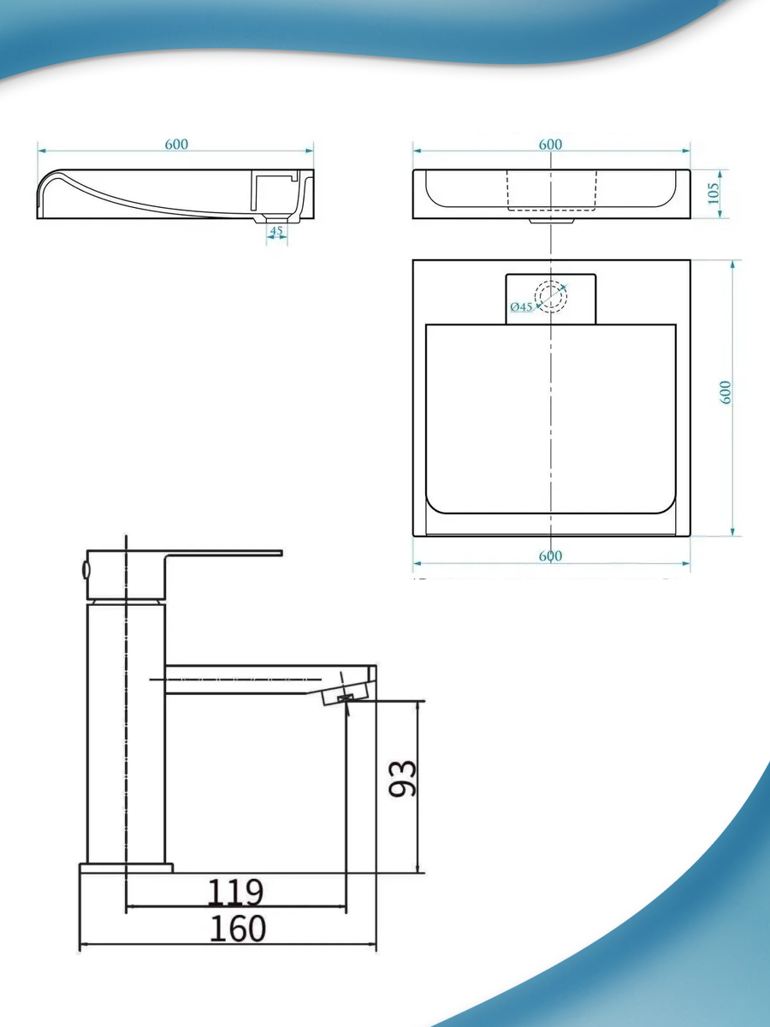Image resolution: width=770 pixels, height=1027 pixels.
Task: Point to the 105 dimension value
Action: click(x=713, y=193)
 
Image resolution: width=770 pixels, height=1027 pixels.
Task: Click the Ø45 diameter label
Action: click(x=521, y=307)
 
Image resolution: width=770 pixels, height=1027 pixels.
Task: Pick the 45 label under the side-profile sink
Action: click(x=276, y=231)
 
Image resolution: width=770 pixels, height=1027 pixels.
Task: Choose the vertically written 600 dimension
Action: click(x=726, y=393)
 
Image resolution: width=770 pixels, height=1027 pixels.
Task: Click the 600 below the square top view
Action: click(x=550, y=555)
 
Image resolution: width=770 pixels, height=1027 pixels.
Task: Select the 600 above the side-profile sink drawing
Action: click(x=176, y=144)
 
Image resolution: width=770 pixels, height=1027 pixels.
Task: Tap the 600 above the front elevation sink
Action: click(x=550, y=144)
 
